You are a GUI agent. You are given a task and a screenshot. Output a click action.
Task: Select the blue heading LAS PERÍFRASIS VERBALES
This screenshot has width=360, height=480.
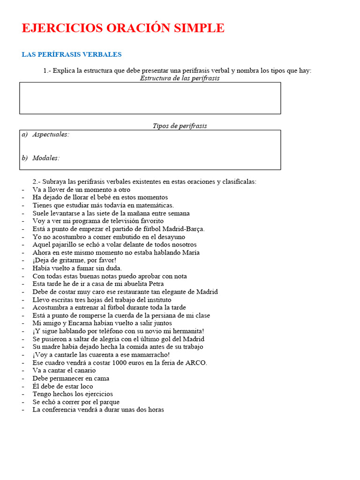tap(71, 54)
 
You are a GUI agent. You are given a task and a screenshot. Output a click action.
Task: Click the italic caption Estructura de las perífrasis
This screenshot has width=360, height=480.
tap(180, 78)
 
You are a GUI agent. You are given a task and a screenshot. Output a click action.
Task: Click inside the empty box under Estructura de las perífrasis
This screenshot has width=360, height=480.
tap(150, 98)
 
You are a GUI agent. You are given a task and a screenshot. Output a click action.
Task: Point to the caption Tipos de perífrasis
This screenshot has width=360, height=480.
tap(180, 126)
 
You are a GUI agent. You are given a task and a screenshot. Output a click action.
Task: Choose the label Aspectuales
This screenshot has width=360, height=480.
tap(51, 135)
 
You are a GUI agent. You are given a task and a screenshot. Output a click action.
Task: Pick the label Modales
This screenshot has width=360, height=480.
tap(46, 158)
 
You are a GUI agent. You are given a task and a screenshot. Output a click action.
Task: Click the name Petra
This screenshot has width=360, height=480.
tap(154, 284)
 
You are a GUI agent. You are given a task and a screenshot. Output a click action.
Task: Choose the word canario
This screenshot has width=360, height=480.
tap(84, 371)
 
